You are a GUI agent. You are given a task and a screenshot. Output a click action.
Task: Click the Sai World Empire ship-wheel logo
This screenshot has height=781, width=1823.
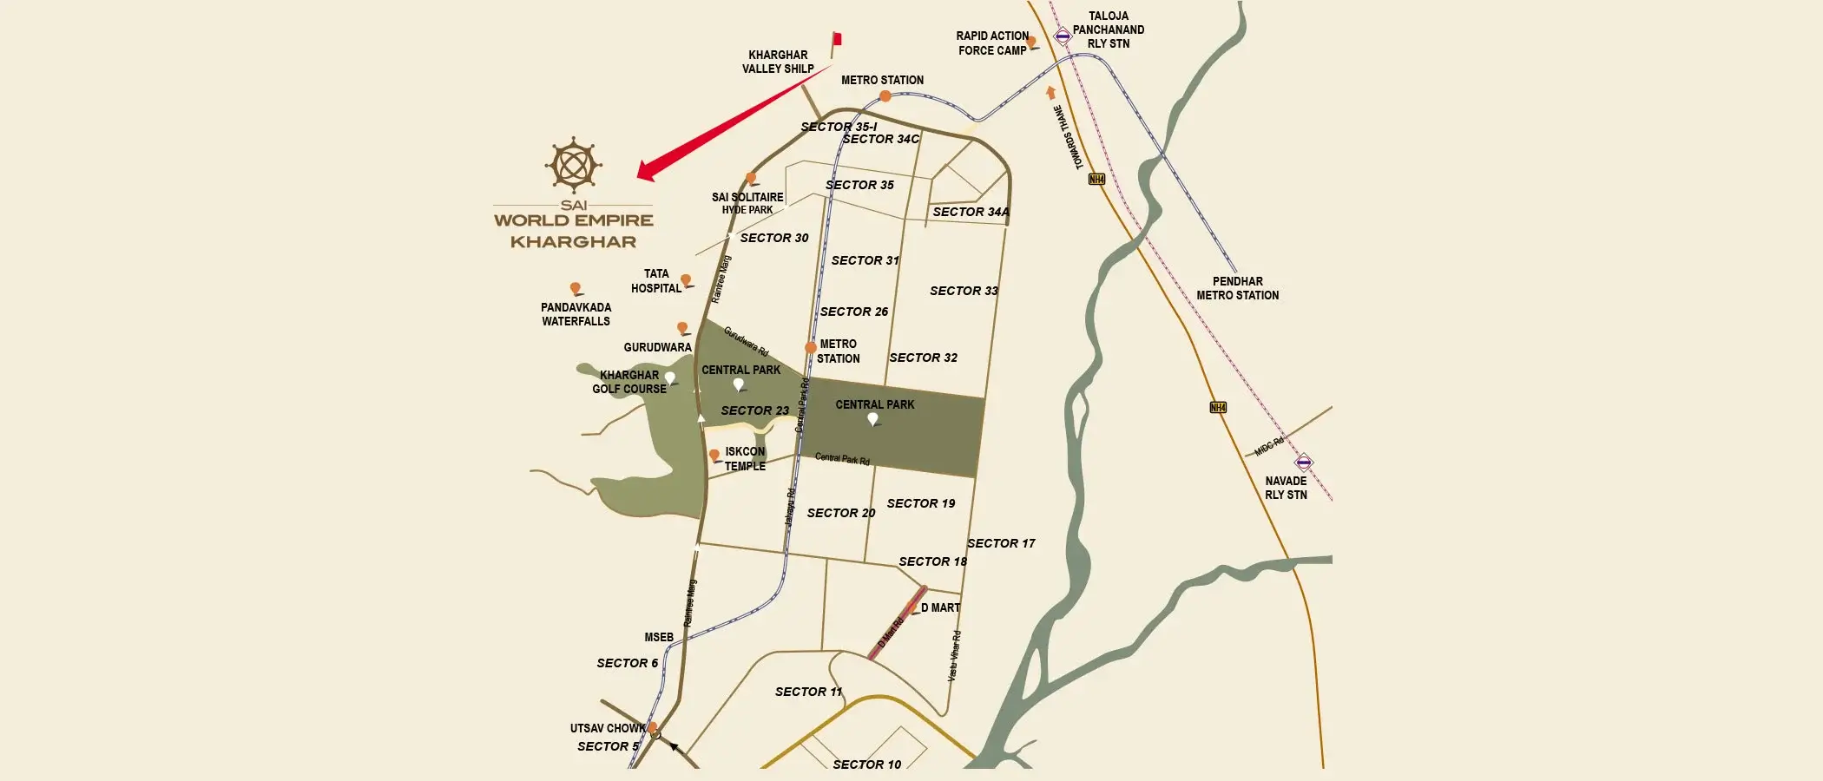(x=573, y=164)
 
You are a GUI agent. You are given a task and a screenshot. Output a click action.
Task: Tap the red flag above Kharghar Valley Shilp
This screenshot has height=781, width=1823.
(x=837, y=39)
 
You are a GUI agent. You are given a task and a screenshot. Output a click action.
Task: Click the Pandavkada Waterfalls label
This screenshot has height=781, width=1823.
(x=576, y=314)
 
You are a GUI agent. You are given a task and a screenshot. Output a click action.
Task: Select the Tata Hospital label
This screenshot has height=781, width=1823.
(x=656, y=281)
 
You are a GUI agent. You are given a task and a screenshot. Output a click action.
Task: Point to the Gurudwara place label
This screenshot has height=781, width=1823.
(x=657, y=347)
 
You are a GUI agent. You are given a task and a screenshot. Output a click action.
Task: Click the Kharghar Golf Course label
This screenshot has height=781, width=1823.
(x=629, y=382)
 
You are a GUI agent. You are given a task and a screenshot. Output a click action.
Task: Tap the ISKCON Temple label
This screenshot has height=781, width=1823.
(x=745, y=458)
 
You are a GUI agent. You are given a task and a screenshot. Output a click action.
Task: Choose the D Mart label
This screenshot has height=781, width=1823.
(x=940, y=607)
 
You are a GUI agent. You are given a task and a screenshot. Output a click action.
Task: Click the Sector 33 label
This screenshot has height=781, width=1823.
(x=964, y=291)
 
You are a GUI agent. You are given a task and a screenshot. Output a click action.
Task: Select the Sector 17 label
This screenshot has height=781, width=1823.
(x=1001, y=543)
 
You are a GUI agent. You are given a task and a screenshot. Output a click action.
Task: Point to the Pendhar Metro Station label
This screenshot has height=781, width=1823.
(x=1237, y=288)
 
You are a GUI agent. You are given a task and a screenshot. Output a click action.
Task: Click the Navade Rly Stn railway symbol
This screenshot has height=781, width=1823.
(x=1303, y=462)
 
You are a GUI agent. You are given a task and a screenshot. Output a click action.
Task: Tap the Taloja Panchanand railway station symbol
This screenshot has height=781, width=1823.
(x=1063, y=36)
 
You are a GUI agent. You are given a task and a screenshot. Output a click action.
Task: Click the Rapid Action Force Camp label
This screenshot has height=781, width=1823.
(x=992, y=43)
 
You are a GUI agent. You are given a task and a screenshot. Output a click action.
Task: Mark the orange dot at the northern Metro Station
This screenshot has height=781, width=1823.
(x=885, y=96)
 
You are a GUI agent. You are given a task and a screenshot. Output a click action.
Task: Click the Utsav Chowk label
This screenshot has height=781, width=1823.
(x=607, y=728)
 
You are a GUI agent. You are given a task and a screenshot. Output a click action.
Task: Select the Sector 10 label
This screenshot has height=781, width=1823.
(x=866, y=765)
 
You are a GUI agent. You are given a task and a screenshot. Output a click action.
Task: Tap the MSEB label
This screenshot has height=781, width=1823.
(x=659, y=637)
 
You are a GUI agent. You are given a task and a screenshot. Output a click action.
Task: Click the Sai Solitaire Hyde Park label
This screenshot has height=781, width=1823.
(x=747, y=203)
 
